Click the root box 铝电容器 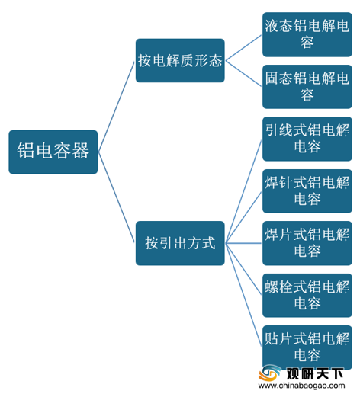[53, 152]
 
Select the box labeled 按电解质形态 [180, 60]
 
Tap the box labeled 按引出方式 [180, 243]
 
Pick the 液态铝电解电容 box [307, 34]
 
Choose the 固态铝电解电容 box [307, 87]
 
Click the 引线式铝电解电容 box [307, 139]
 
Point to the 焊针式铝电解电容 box [307, 191]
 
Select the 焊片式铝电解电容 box [307, 243]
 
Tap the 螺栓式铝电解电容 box [307, 295]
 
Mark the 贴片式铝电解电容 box [307, 347]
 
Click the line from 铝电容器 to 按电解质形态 [116, 107]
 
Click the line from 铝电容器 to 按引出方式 [116, 197]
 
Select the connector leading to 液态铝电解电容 [243, 48]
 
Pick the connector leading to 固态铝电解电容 [243, 74]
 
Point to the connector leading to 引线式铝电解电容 [243, 191]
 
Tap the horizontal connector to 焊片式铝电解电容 [243, 243]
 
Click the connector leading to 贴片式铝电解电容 [243, 295]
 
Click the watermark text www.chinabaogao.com [302, 386]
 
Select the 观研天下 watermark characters [315, 373]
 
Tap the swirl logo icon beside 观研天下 [270, 373]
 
